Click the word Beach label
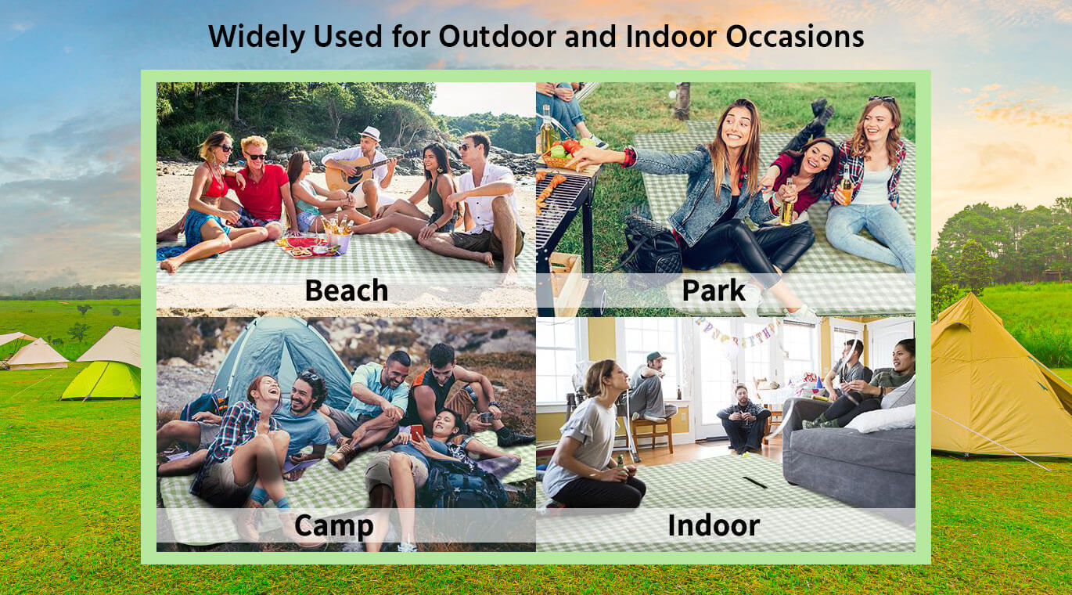(x=347, y=290)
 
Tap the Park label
(x=714, y=290)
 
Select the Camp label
(x=334, y=525)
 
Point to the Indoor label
(x=714, y=525)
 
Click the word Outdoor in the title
(x=498, y=36)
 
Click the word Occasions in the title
(x=795, y=36)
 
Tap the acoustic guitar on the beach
(x=357, y=171)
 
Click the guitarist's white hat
(x=370, y=133)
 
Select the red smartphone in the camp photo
(x=417, y=432)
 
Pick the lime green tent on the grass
(x=103, y=380)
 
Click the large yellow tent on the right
(x=995, y=383)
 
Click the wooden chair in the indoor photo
(x=652, y=433)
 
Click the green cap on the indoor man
(x=656, y=357)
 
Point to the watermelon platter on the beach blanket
(x=305, y=246)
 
